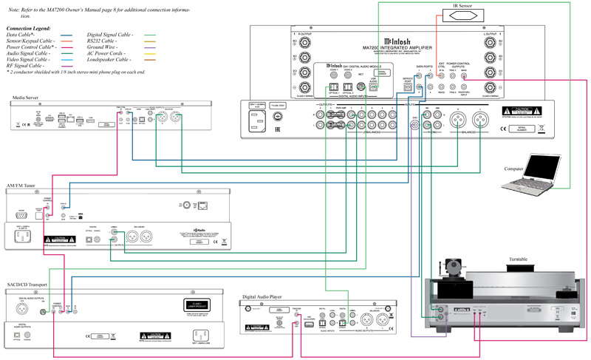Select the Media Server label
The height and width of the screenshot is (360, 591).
26,97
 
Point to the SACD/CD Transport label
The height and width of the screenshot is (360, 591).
29,285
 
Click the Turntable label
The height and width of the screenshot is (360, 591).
520,259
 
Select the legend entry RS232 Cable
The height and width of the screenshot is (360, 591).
103,41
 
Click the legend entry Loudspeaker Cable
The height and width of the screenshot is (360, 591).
109,61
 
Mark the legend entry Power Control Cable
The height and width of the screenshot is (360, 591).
30,47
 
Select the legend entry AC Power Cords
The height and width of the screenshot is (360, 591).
106,54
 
